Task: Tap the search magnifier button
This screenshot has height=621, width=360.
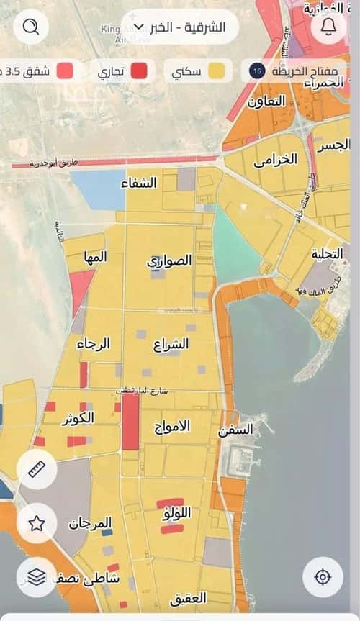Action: [x=31, y=27]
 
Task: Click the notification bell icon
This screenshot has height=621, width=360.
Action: [x=329, y=27]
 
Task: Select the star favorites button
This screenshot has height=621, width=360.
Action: [x=36, y=523]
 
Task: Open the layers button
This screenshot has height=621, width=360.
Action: [x=36, y=576]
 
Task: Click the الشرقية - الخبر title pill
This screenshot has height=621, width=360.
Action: [x=180, y=27]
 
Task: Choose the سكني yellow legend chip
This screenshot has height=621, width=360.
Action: [x=201, y=71]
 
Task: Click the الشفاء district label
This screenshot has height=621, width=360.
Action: [x=140, y=183]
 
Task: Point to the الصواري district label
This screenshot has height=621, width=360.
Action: [x=170, y=260]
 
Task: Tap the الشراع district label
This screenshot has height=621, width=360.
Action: [x=171, y=345]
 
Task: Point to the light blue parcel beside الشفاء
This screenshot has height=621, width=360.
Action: [x=98, y=190]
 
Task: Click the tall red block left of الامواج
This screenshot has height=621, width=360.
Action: [x=130, y=422]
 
